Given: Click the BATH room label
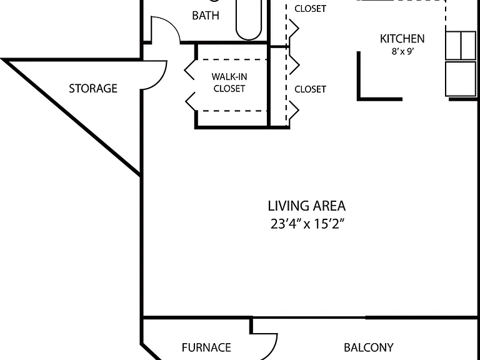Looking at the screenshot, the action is click(206, 15).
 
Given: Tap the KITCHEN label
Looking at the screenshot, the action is click(402, 39).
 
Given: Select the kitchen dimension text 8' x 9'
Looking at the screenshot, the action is click(403, 51).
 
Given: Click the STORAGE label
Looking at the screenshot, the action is click(93, 89).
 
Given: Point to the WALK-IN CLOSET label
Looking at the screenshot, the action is click(229, 82).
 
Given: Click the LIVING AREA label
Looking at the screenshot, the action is click(307, 206).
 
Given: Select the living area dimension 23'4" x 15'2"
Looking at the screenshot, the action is click(307, 224).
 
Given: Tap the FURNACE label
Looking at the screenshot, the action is click(206, 347).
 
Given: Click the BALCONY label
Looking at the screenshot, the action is click(369, 347).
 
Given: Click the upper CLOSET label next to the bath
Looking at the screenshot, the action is click(310, 9).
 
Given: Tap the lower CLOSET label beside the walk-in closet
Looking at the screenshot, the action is click(310, 89).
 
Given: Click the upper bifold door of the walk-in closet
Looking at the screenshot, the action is click(189, 70).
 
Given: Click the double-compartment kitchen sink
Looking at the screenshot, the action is click(461, 45).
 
